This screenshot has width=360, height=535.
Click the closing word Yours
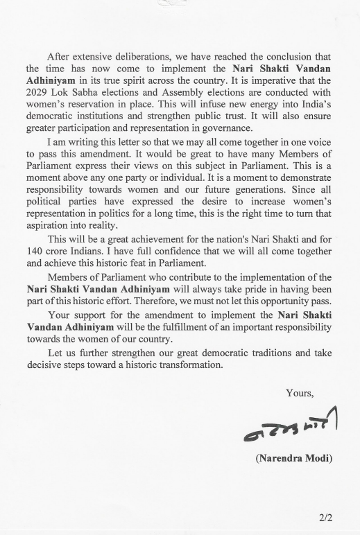pyautogui.click(x=300, y=393)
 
